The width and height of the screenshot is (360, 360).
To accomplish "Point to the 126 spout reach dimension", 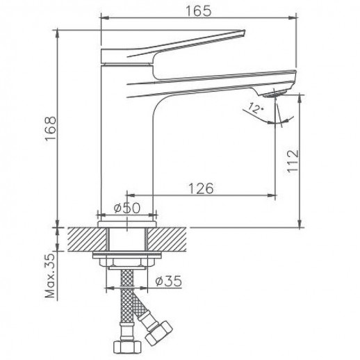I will click(x=199, y=188).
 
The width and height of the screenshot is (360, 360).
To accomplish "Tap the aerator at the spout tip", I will click(x=277, y=92).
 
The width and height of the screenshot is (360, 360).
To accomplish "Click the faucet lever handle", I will click(x=174, y=43).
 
